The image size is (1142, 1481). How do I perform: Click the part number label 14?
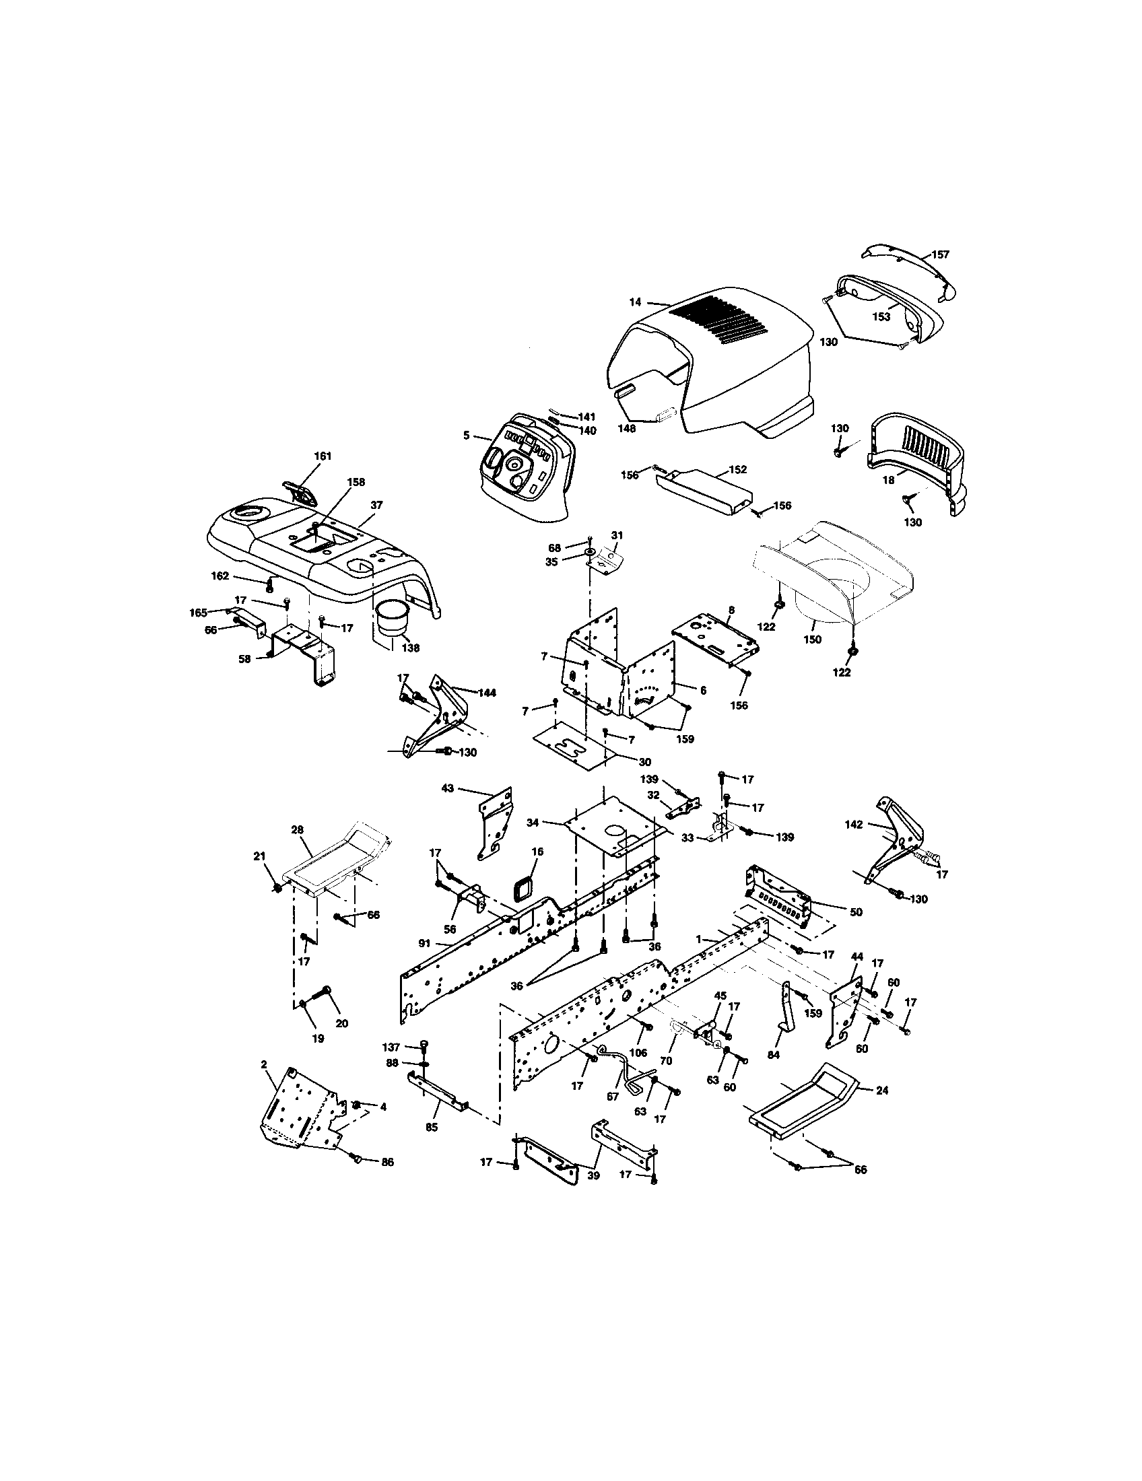[x=635, y=302]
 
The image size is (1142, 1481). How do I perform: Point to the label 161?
[x=323, y=456]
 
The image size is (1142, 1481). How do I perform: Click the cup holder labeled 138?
[x=390, y=617]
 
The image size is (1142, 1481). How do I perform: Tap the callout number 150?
[x=812, y=640]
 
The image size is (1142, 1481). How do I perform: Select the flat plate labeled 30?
[x=574, y=745]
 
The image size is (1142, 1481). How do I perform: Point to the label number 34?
[x=533, y=823]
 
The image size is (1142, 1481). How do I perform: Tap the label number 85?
[x=432, y=1127]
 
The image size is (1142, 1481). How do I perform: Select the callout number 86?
[x=387, y=1162]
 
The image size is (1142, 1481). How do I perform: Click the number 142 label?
[x=854, y=825]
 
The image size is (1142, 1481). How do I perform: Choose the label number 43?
[x=448, y=790]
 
